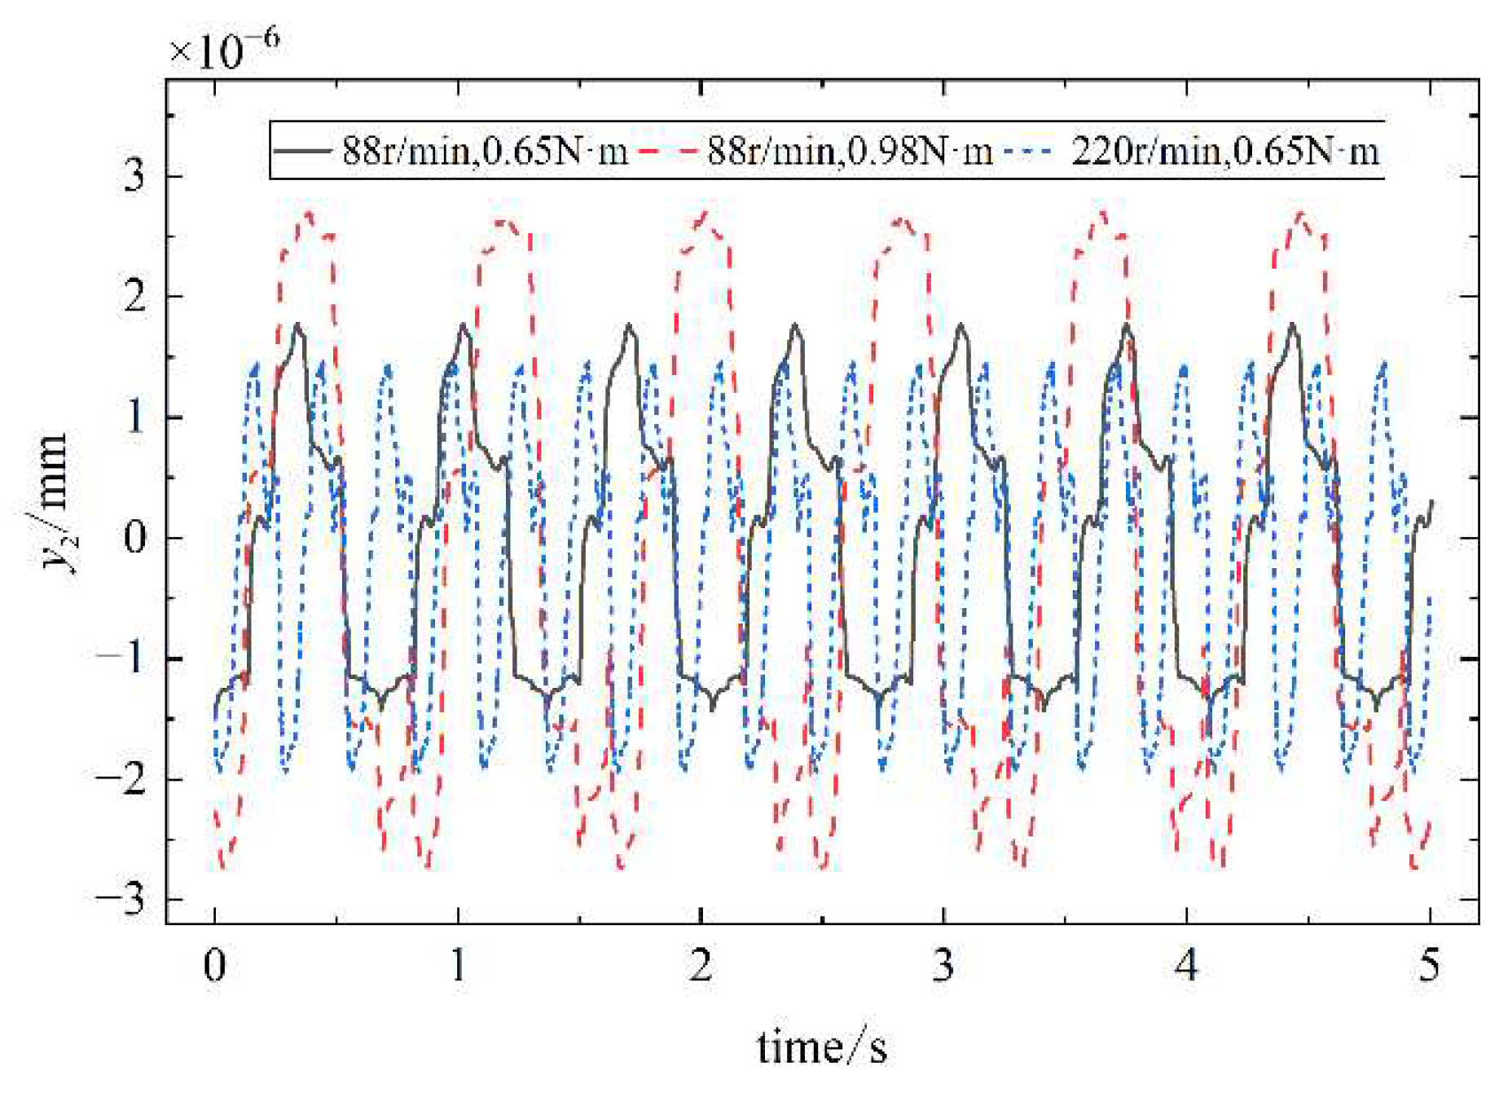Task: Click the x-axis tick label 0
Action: pyautogui.click(x=214, y=967)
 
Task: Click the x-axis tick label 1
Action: pyautogui.click(x=458, y=967)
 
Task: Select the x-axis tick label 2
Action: pyautogui.click(x=701, y=967)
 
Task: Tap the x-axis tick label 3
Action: pyautogui.click(x=943, y=967)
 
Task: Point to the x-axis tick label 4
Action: pyautogui.click(x=1186, y=967)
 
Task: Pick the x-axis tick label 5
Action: pyautogui.click(x=1430, y=967)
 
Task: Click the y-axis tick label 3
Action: pyautogui.click(x=134, y=176)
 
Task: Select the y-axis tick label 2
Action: pyautogui.click(x=134, y=297)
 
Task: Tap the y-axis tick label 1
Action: pyautogui.click(x=134, y=417)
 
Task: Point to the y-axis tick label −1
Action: pyautogui.click(x=122, y=659)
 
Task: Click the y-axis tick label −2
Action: pyautogui.click(x=122, y=779)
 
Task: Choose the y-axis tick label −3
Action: pyautogui.click(x=122, y=900)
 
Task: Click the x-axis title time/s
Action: pyautogui.click(x=821, y=1047)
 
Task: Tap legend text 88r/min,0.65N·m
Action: pyautogui.click(x=485, y=152)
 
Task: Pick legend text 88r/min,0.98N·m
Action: pyautogui.click(x=850, y=152)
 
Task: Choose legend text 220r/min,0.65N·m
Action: pyautogui.click(x=1224, y=152)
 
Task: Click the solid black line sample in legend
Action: pyautogui.click(x=302, y=152)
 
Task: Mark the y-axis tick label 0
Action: pyautogui.click(x=134, y=538)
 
